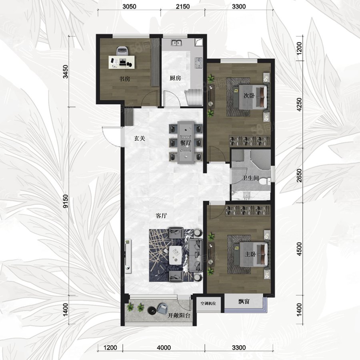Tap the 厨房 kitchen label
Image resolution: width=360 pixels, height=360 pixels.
pyautogui.click(x=175, y=78)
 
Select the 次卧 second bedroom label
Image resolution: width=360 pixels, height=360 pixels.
pyautogui.click(x=249, y=96)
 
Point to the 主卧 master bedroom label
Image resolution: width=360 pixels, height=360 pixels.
pyautogui.click(x=250, y=254)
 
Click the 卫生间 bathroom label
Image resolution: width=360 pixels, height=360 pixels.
pyautogui.click(x=250, y=178)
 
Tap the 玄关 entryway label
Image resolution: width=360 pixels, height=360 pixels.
pyautogui.click(x=140, y=139)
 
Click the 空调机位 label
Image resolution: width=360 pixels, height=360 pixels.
pyautogui.click(x=208, y=304)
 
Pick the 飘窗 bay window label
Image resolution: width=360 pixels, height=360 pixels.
pyautogui.click(x=244, y=302)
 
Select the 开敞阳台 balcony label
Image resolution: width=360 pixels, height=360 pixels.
pyautogui.click(x=179, y=315)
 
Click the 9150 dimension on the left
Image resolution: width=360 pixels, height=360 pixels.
pyautogui.click(x=66, y=201)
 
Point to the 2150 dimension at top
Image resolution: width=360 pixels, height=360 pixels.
pyautogui.click(x=183, y=7)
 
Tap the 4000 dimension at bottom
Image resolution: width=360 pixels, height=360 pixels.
pyautogui.click(x=164, y=348)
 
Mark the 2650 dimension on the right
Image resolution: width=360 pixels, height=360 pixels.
pyautogui.click(x=299, y=176)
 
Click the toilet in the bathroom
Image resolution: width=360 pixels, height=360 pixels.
pyautogui.click(x=264, y=182)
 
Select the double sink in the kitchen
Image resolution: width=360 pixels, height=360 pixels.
pyautogui.click(x=176, y=43)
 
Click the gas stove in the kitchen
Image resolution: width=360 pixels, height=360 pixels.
pyautogui.click(x=199, y=63)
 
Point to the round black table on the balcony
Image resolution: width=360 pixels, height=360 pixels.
pyautogui.click(x=152, y=310)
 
